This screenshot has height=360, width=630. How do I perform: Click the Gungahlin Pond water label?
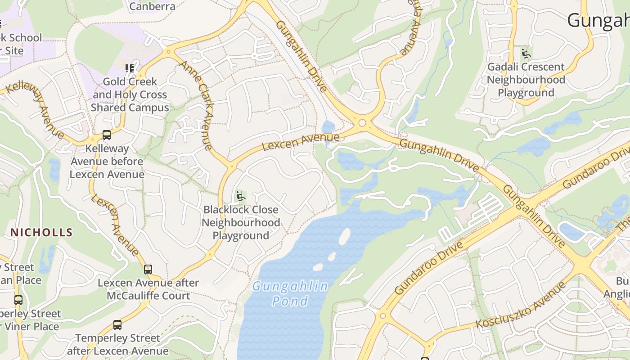point(290,293)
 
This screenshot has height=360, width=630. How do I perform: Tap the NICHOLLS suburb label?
point(41,232)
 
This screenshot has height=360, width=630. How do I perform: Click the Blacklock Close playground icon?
point(241,196)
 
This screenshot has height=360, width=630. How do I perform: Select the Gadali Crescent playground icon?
point(526,54)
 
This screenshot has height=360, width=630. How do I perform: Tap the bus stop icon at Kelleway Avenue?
point(107,135)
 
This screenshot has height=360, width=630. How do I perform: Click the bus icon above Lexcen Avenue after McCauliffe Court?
point(148,270)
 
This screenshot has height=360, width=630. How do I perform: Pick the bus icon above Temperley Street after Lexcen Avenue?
point(117,324)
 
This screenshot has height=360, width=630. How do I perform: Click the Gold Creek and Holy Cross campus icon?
point(130,68)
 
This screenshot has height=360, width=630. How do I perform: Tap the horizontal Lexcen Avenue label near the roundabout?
point(300,141)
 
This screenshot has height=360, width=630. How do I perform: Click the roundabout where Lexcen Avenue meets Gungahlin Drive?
point(362,123)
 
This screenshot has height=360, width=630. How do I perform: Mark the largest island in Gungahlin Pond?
point(344,236)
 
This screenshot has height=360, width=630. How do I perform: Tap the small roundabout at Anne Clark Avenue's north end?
point(169,52)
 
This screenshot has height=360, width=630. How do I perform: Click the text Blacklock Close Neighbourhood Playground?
point(241,222)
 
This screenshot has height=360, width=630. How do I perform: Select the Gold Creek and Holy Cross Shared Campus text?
point(130,94)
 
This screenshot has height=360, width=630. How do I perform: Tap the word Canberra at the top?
point(152,6)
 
